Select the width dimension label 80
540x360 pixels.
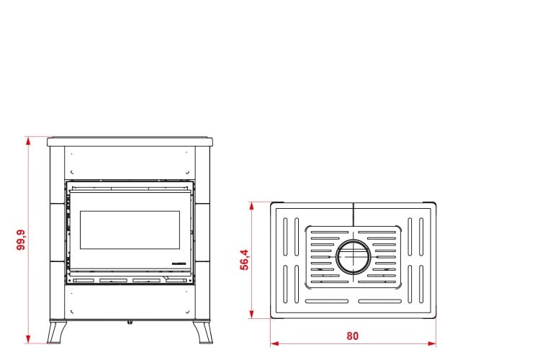[352, 336]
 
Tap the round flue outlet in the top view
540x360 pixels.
[354, 256]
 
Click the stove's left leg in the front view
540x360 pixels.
[55, 332]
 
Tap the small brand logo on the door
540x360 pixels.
[177, 264]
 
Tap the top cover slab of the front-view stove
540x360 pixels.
[130, 141]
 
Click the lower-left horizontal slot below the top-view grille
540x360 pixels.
[327, 300]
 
